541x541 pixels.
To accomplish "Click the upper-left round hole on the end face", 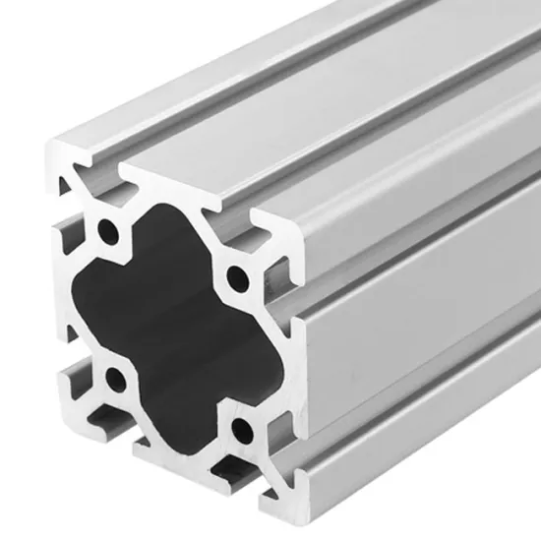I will point(106,232).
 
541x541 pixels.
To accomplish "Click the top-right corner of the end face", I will point(291,236).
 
